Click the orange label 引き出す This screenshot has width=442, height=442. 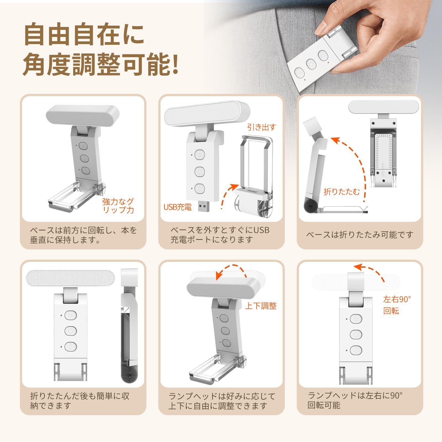[x=261, y=127]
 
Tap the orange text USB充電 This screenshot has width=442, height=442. [x=177, y=207]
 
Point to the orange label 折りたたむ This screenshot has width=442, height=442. [x=342, y=191]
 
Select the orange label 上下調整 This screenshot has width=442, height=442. [x=261, y=306]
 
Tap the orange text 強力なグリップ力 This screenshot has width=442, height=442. [x=118, y=205]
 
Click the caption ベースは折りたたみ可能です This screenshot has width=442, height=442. [x=360, y=235]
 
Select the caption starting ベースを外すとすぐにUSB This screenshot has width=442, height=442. [x=220, y=235]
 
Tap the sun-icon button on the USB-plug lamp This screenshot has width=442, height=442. [x=199, y=154]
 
